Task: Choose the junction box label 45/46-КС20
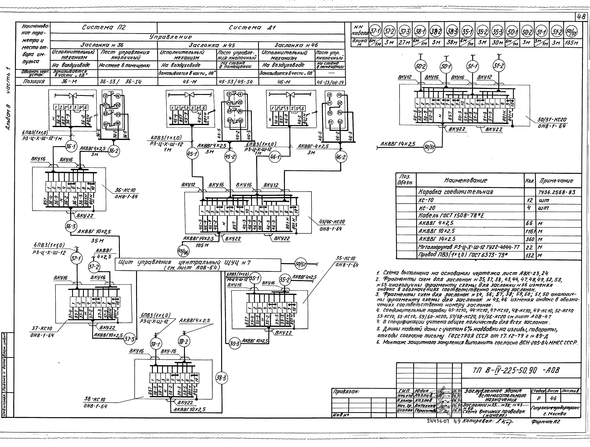coord(332,222)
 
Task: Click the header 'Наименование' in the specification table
coord(465,180)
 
